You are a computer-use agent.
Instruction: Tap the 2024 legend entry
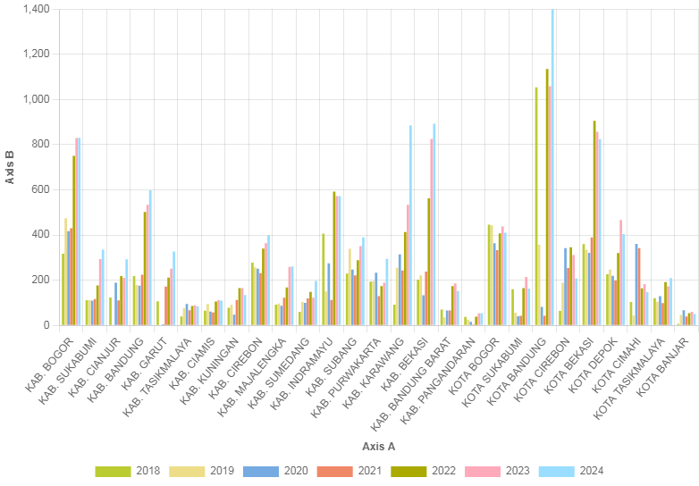tap(580, 471)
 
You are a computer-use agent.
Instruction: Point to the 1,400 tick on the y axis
tap(37, 9)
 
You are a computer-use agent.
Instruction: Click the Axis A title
tap(379, 445)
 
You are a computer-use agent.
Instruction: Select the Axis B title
tap(10, 167)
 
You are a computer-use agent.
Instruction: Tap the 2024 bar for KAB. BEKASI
tap(434, 224)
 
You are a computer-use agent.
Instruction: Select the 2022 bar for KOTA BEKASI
tap(594, 222)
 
